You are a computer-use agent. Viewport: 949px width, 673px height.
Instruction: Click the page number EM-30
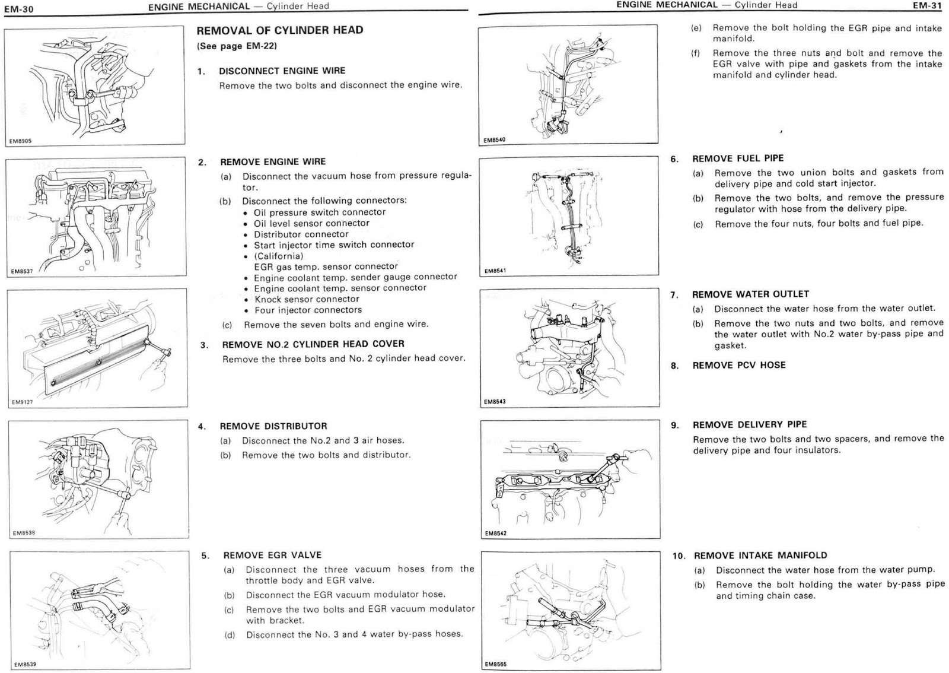[18, 9]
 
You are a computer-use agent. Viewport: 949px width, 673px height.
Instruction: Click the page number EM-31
[927, 6]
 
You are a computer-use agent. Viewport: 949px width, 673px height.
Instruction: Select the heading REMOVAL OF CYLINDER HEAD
[279, 30]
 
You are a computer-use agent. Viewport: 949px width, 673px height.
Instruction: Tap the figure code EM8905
[21, 141]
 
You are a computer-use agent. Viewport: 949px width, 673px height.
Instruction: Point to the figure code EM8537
[22, 271]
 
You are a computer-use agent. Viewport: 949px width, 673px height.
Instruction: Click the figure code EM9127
[23, 402]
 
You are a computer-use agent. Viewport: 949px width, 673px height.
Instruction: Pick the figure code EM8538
[24, 533]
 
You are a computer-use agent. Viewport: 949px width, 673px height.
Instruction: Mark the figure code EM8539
[25, 664]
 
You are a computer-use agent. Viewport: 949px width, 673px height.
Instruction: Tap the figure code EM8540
[494, 140]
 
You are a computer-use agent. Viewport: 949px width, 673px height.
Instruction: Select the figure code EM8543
[495, 402]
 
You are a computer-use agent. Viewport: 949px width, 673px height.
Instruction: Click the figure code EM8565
[495, 664]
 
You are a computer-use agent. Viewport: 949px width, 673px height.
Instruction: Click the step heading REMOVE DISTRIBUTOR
[273, 426]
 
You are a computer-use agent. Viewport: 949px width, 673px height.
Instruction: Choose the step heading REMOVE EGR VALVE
[272, 555]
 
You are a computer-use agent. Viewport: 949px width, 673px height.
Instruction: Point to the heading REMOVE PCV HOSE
[738, 366]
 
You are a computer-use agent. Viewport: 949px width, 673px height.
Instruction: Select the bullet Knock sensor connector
[307, 299]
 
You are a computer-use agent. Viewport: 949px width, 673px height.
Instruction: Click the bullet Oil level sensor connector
[311, 223]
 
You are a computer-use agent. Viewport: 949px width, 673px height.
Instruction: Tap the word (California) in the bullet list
[279, 256]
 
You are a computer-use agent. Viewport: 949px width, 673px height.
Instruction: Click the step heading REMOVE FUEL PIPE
[738, 158]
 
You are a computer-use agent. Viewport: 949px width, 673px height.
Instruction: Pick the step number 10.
[679, 556]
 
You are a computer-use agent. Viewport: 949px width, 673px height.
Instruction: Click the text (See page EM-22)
[237, 46]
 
